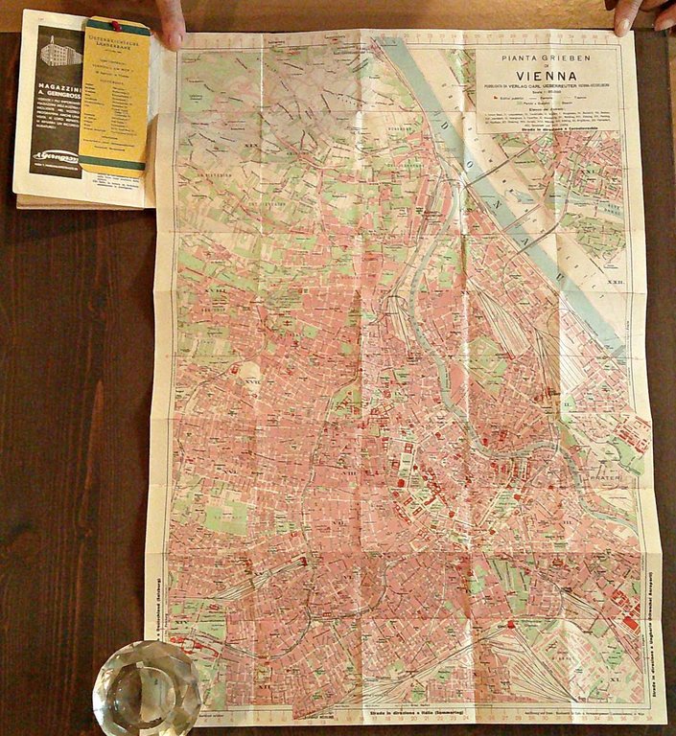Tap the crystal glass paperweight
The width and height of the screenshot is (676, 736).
pyautogui.click(x=146, y=686)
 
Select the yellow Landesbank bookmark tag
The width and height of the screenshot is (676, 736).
pyautogui.click(x=113, y=96)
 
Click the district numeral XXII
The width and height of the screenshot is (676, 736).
pyautogui.click(x=619, y=284)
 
